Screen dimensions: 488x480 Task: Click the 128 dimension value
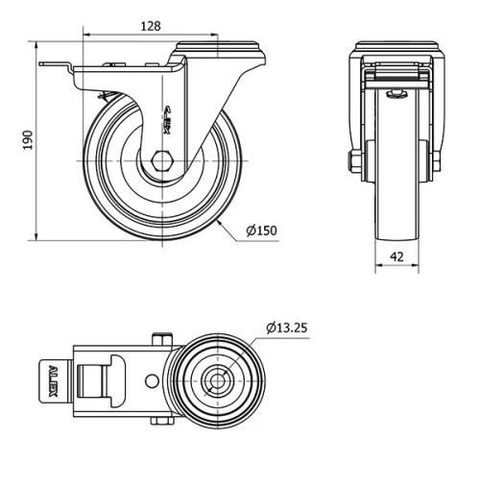pyautogui.click(x=149, y=26)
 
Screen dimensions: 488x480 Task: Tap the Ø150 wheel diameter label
pyautogui.click(x=262, y=231)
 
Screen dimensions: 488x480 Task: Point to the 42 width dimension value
pyautogui.click(x=396, y=257)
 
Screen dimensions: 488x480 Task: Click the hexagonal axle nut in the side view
pyautogui.click(x=161, y=159)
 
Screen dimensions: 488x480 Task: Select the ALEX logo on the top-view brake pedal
pyautogui.click(x=52, y=381)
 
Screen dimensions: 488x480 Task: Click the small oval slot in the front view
pyautogui.click(x=397, y=93)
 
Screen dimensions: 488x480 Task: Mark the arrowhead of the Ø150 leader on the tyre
pyautogui.click(x=220, y=221)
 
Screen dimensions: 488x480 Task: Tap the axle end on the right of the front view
pyautogui.click(x=437, y=159)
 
